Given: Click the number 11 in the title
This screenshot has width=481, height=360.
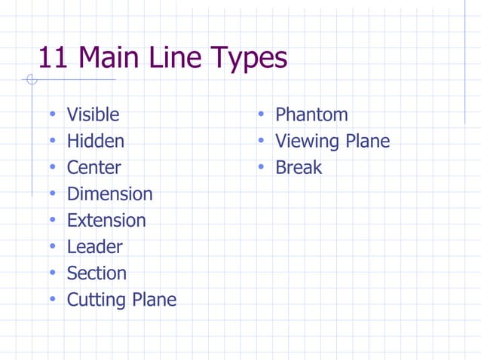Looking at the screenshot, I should click(x=54, y=57).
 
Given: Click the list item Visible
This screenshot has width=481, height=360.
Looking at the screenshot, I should click(x=93, y=114).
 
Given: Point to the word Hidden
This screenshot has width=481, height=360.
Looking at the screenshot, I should click(x=96, y=141).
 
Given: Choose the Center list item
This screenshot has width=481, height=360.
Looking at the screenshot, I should click(x=93, y=167).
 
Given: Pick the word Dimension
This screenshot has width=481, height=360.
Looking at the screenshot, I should click(x=109, y=194).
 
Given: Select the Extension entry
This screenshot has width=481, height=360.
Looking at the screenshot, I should click(x=106, y=220).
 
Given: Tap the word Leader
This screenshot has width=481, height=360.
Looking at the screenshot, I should click(x=94, y=246).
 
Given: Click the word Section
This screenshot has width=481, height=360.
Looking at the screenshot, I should click(x=97, y=273).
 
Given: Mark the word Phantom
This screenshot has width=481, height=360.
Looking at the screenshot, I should click(x=311, y=114).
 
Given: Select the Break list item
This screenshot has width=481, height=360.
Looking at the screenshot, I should click(x=299, y=167).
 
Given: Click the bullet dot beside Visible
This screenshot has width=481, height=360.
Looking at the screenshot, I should click(x=52, y=114).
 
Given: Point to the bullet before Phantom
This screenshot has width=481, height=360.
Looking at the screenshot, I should click(x=260, y=114).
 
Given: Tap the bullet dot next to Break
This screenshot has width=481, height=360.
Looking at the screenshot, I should click(x=260, y=167).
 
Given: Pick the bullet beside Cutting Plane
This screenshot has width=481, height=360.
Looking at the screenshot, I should click(x=52, y=299).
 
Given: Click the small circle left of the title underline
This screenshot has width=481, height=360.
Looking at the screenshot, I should click(x=31, y=79).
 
